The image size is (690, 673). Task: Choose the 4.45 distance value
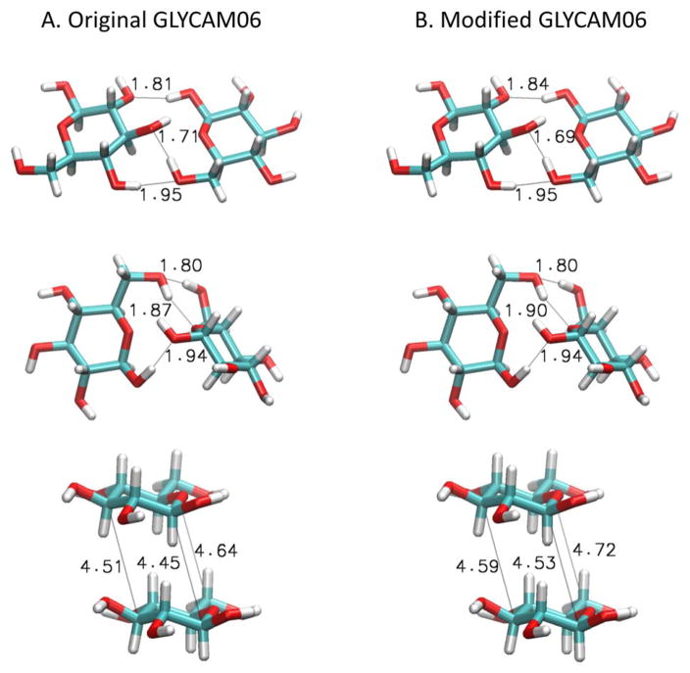[161, 563]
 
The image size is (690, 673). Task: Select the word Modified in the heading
[483, 19]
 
